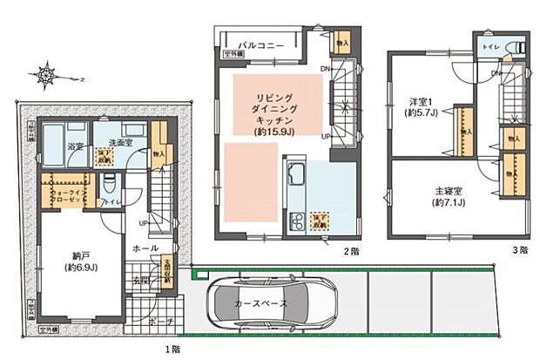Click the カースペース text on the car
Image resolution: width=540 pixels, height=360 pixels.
pos(260,302)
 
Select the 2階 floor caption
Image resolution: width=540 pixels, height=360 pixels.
pos(350,250)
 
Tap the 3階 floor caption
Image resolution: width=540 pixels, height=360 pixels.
pos(520,250)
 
